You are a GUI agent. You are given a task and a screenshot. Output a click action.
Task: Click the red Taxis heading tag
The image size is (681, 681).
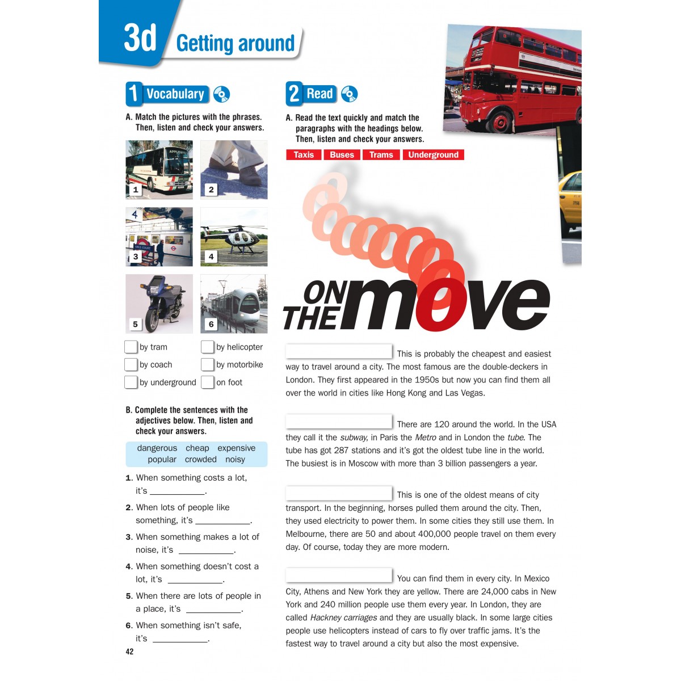[x=304, y=155]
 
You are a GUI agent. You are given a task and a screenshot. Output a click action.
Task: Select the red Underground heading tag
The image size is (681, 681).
[x=433, y=155]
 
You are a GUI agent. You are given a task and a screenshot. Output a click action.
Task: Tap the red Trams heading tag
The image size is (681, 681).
[x=381, y=155]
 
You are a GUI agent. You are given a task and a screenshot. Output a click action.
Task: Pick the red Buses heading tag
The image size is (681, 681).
[x=342, y=155]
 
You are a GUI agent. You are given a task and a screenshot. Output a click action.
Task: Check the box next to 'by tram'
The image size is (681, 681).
[x=131, y=347]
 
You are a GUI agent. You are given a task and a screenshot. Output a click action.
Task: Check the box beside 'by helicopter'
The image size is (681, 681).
[x=208, y=347]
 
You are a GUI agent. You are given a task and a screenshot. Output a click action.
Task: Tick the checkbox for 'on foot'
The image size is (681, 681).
[x=208, y=382]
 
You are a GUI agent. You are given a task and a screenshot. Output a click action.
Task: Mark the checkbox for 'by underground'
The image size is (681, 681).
[x=131, y=382]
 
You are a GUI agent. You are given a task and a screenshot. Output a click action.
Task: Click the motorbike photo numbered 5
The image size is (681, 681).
[x=159, y=304]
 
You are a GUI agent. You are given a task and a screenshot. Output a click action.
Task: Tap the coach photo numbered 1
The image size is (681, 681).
[x=159, y=169]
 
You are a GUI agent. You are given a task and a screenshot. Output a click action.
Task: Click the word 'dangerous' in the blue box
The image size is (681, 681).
[x=157, y=448]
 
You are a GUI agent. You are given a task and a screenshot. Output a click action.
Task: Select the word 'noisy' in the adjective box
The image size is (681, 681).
[x=235, y=460]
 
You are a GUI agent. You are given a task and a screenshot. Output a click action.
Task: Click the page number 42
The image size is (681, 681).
[x=129, y=651]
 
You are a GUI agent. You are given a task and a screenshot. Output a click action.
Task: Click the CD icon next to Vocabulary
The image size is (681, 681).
[x=221, y=94]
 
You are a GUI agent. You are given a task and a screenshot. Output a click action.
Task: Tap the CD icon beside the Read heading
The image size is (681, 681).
[x=350, y=94]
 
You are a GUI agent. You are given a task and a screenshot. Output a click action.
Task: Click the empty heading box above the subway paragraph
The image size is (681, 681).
[x=339, y=422]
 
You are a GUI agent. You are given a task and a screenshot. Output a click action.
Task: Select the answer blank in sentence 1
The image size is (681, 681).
[x=177, y=491]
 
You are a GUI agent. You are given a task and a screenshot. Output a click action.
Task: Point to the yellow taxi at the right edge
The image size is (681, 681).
[x=571, y=201]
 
